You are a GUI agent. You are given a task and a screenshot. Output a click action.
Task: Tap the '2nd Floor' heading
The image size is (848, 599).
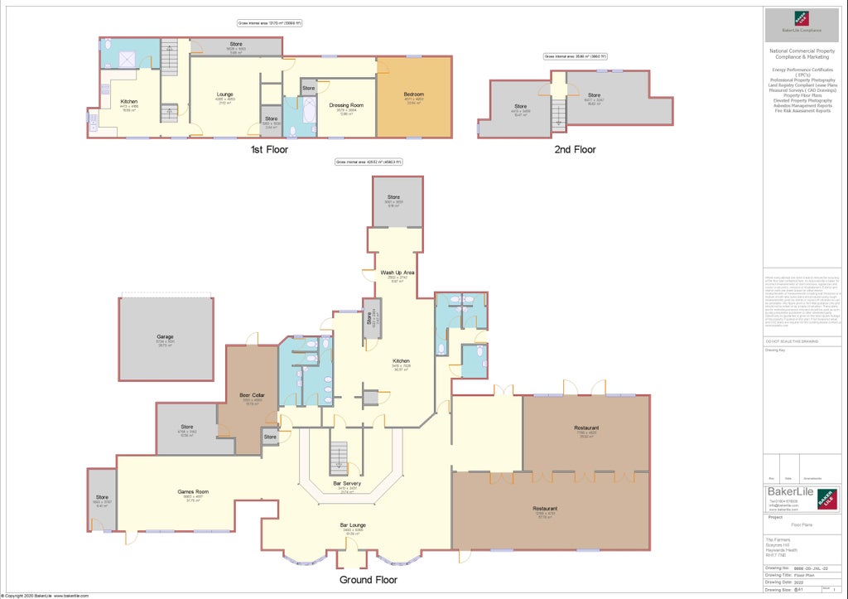pos(575,150)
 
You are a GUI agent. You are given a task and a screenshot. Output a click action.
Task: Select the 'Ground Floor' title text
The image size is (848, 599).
pos(368,580)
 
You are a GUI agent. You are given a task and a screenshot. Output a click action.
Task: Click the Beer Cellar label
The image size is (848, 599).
pos(251,396)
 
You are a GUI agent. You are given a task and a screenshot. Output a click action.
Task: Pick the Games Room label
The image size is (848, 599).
pos(192,492)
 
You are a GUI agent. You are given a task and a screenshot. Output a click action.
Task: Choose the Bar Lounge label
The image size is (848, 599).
pos(353,525)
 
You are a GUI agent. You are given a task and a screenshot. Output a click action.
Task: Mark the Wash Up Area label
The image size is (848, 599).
pos(397,273)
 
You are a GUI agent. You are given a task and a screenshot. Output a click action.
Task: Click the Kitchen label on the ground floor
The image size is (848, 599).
pos(401,361)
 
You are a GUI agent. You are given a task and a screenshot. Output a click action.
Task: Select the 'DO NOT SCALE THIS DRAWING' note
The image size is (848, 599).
pos(791,341)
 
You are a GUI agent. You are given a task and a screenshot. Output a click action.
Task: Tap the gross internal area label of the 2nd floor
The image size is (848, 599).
pos(575,56)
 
